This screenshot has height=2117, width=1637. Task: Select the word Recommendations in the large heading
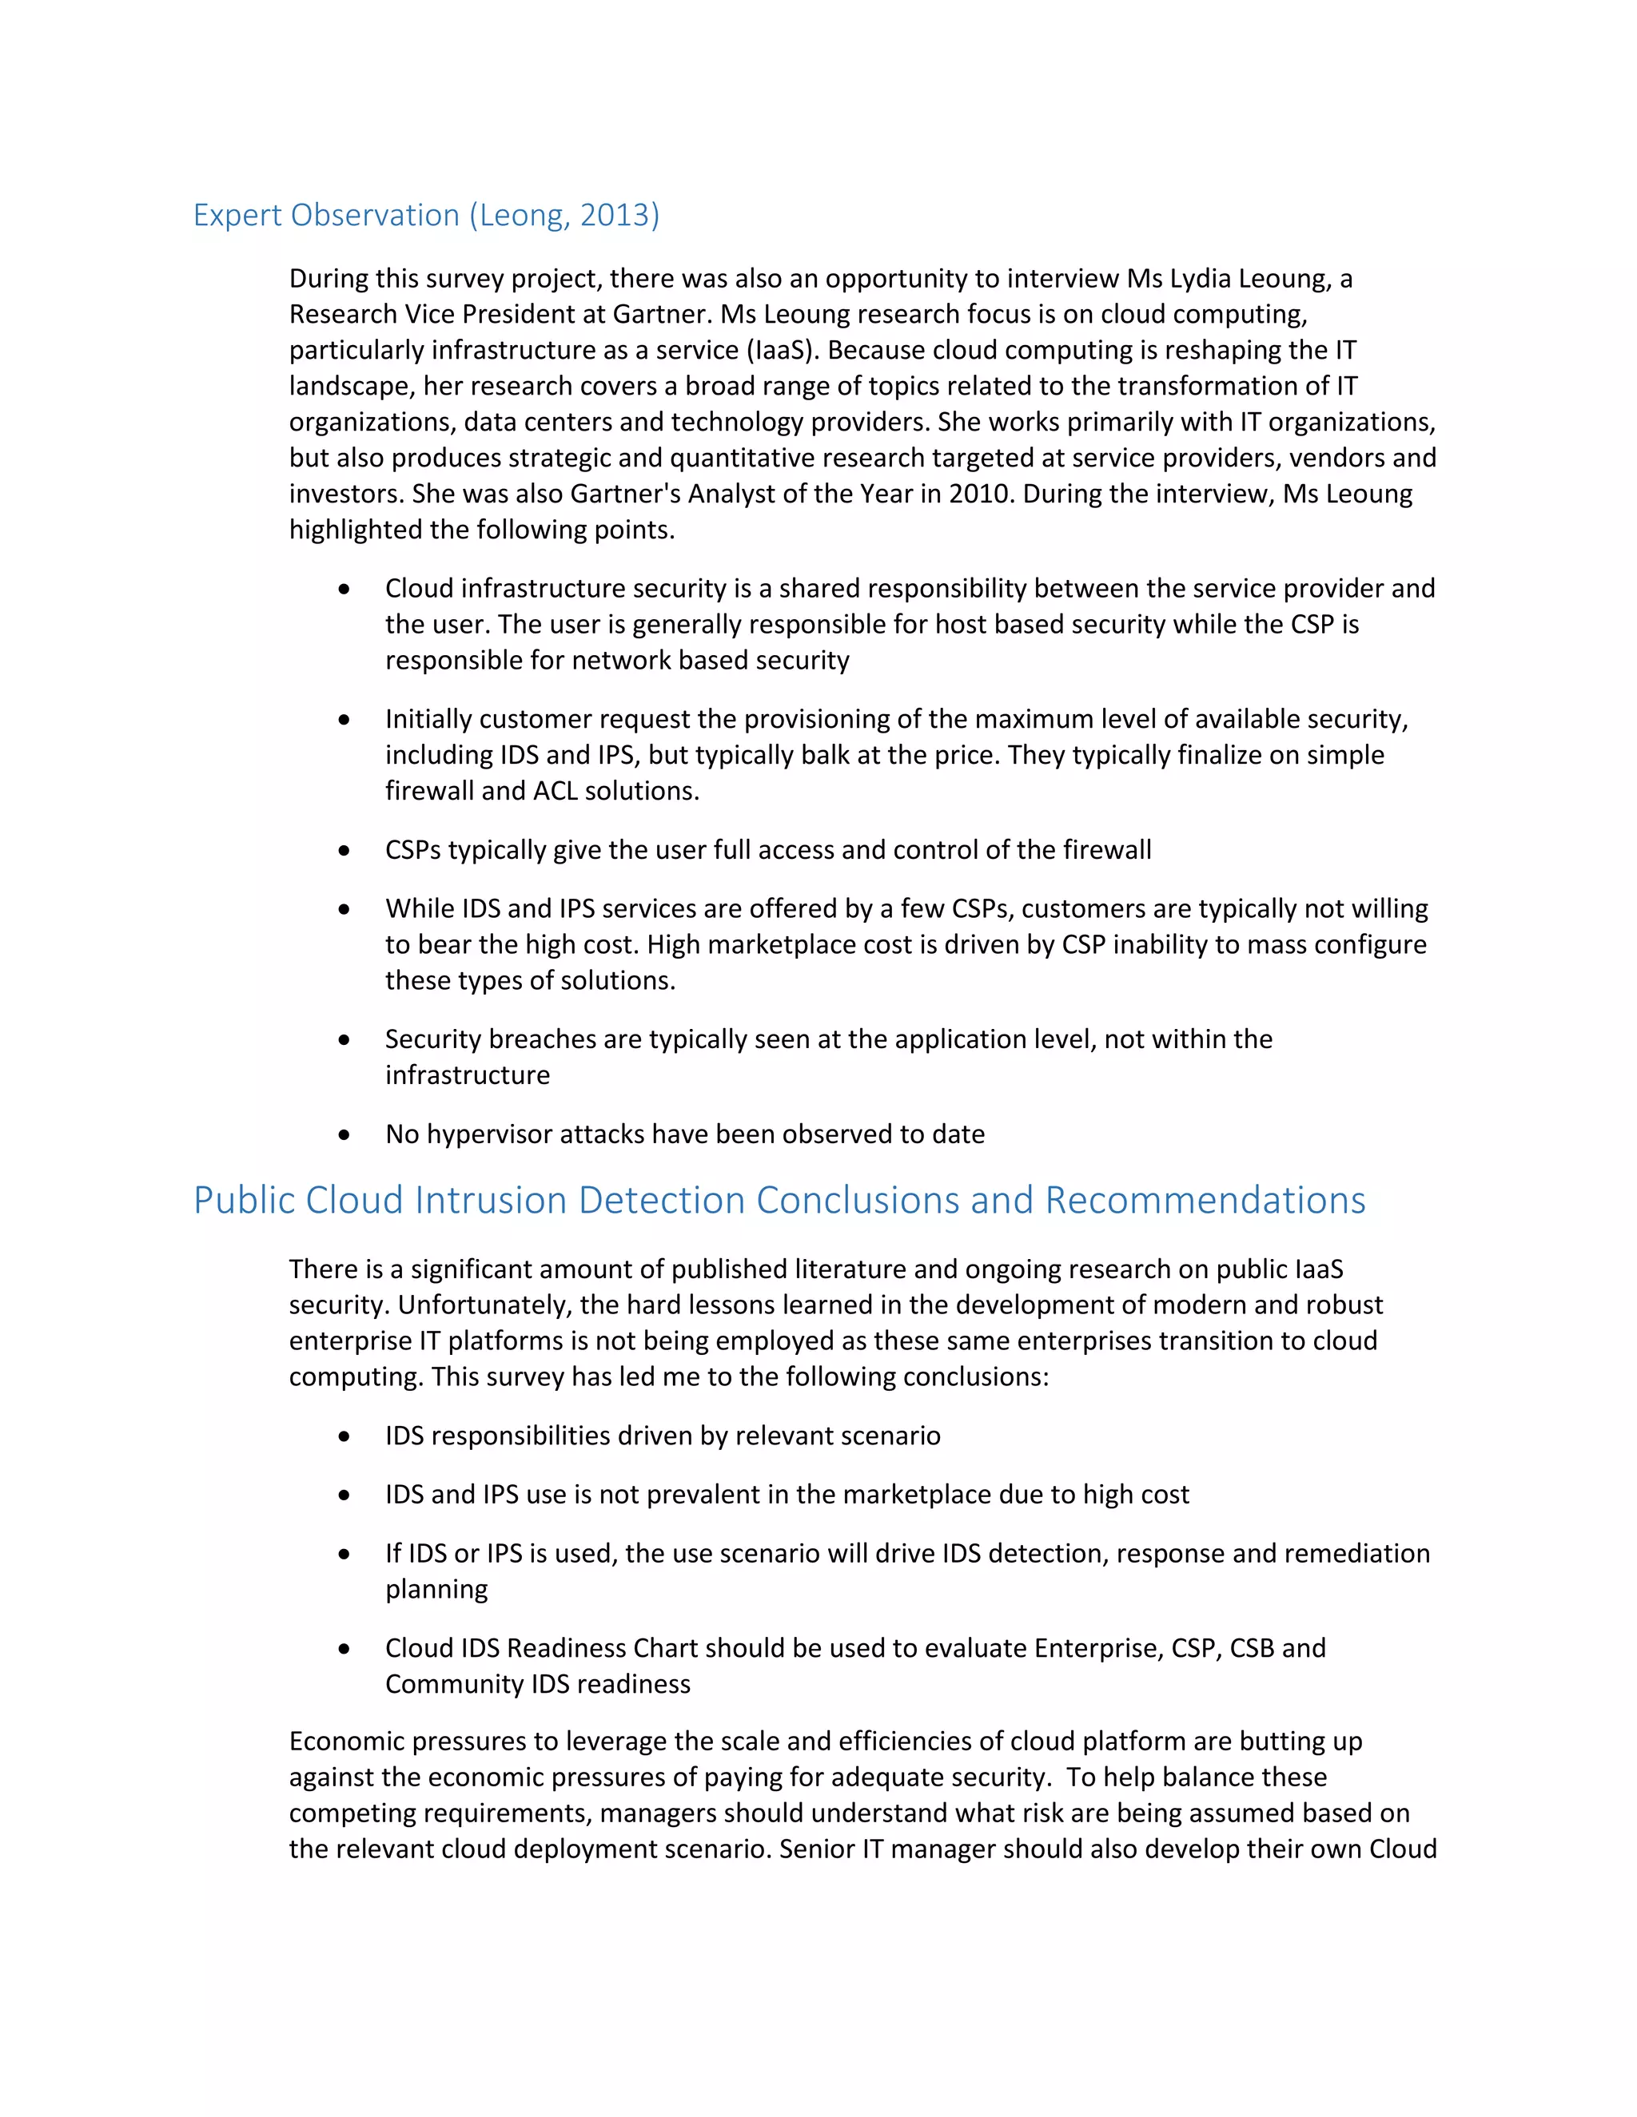[x=1205, y=1201]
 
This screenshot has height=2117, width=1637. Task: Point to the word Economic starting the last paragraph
[x=350, y=1742]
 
